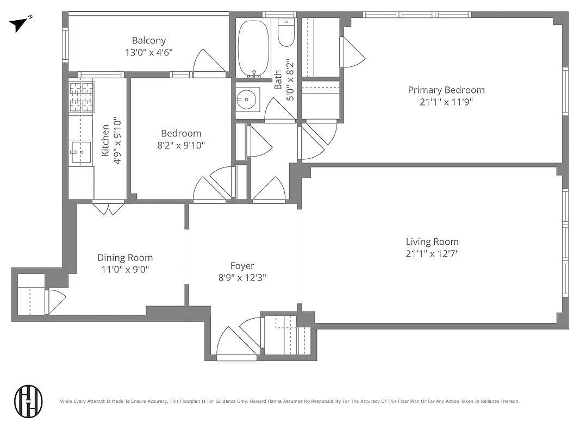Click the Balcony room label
tap(148, 40)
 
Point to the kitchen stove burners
tap(81, 96)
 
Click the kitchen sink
tap(80, 152)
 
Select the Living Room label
tap(432, 242)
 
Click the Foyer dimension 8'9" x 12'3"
tap(242, 277)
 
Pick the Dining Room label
tap(124, 258)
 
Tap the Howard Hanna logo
tap(28, 400)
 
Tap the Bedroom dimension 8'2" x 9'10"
tap(181, 145)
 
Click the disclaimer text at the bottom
tap(289, 401)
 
